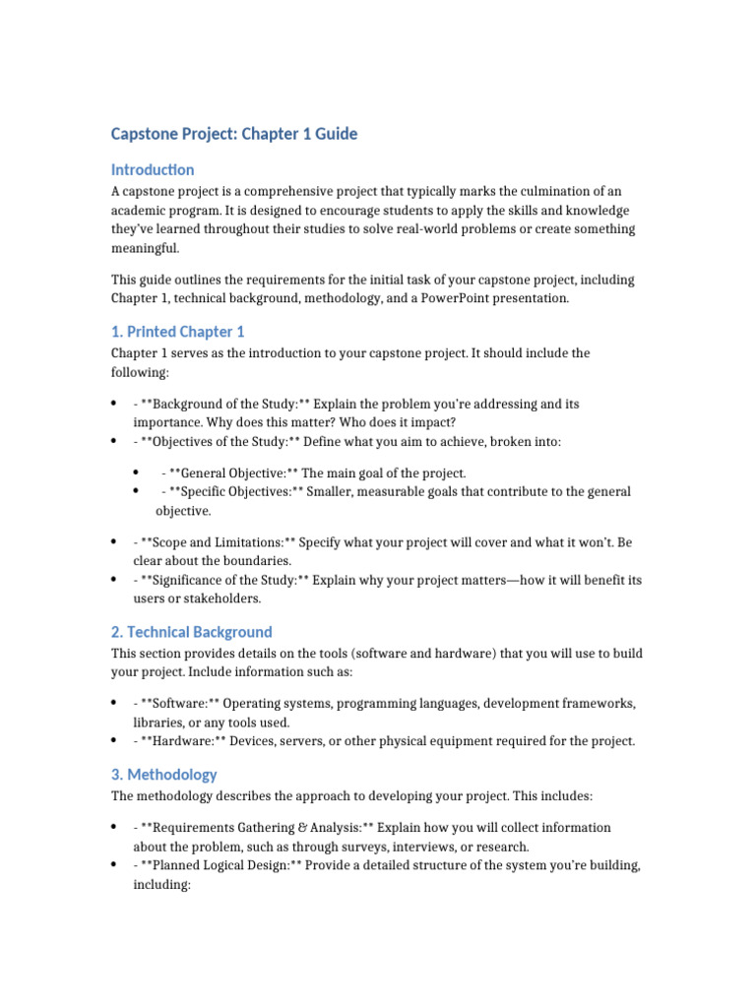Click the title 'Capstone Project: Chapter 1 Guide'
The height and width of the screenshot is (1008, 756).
(234, 134)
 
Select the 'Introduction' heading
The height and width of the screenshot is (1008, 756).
(153, 169)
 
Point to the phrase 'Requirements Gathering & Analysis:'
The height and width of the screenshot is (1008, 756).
(258, 828)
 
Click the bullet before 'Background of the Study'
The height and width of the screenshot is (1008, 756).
(114, 405)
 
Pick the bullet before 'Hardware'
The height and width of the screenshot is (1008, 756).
(114, 741)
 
